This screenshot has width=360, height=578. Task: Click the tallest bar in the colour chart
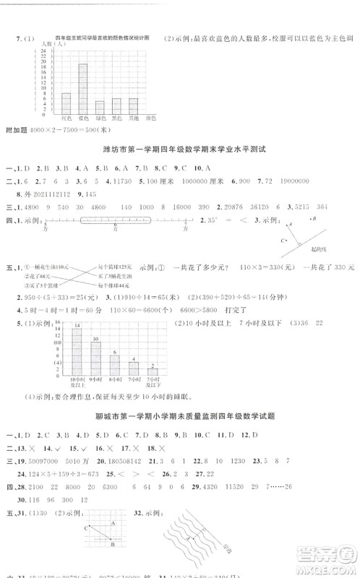click(x=82, y=90)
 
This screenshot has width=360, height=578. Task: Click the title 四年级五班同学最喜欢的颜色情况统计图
click(x=102, y=37)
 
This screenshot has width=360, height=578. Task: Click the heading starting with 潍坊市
click(x=181, y=149)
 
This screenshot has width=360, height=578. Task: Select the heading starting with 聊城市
click(x=181, y=418)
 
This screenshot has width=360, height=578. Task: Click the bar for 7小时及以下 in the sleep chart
click(x=153, y=373)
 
